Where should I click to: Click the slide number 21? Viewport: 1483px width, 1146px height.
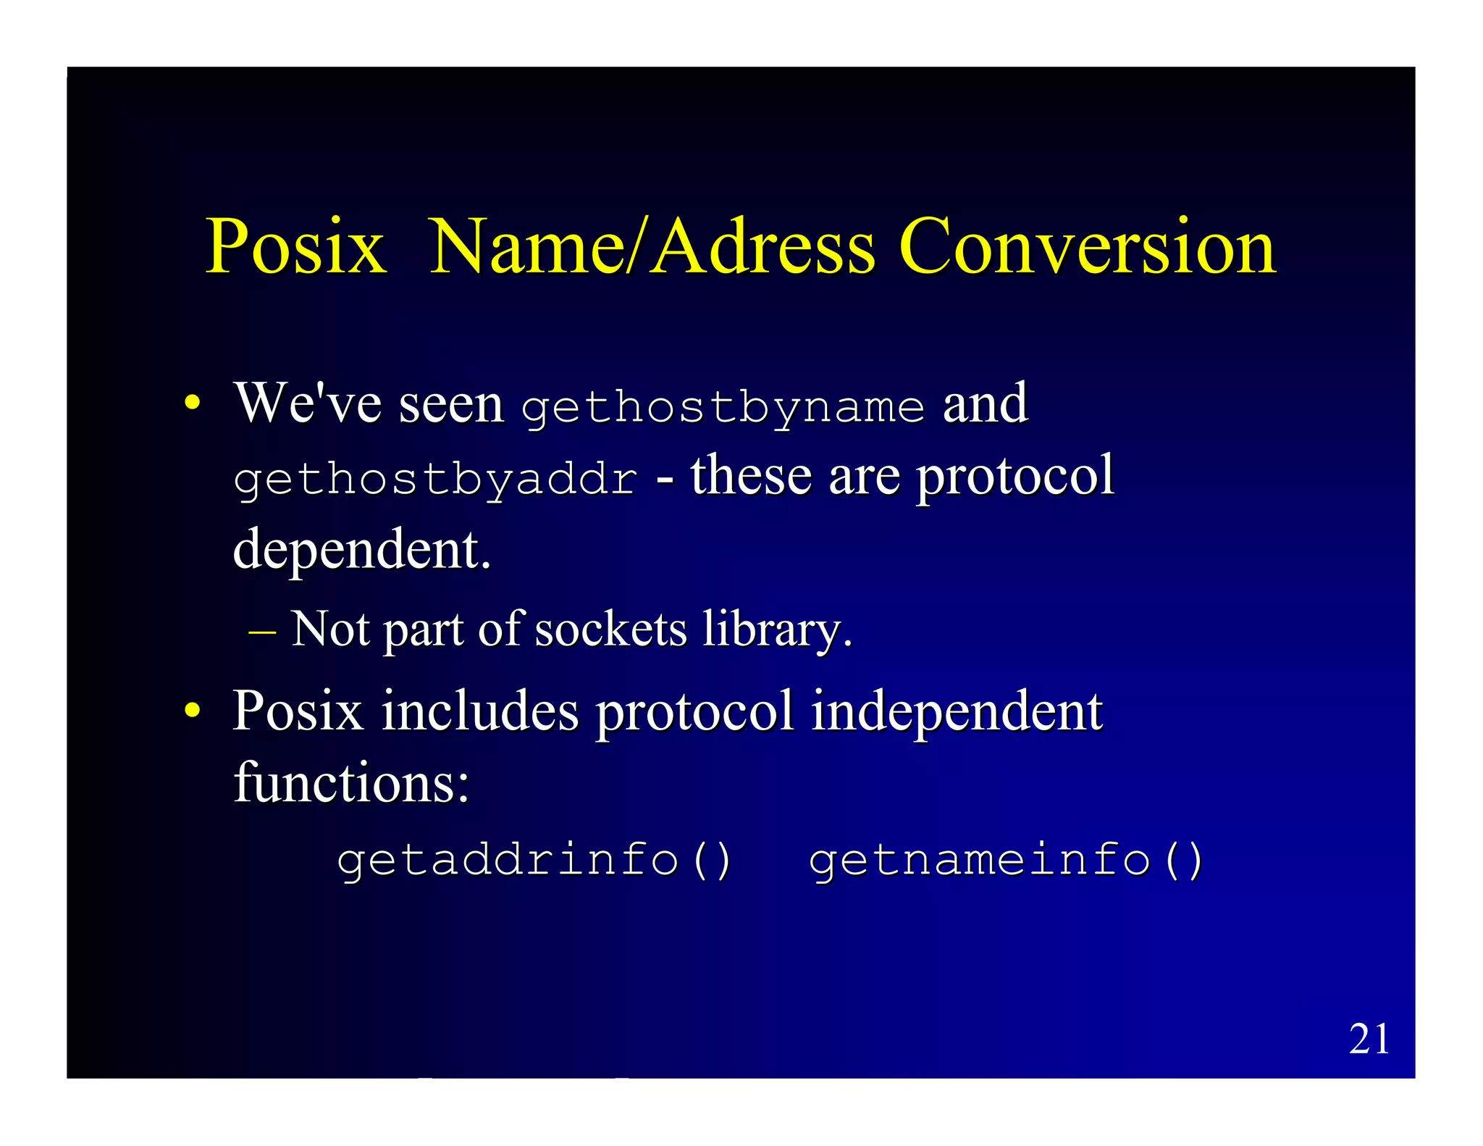[x=1369, y=1039]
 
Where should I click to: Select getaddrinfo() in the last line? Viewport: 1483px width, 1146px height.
[x=535, y=861]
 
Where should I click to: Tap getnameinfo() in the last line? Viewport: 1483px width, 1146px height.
[x=1007, y=861]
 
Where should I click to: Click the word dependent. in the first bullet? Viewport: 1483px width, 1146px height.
[x=362, y=550]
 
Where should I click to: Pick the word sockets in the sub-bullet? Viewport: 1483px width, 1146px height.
[x=610, y=629]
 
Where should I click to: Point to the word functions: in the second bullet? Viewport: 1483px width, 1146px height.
[x=352, y=782]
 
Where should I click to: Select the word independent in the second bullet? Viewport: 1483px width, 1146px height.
[x=957, y=711]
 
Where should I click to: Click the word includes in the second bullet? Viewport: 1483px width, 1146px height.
[x=480, y=711]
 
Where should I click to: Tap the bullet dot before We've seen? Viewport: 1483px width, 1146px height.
[x=191, y=403]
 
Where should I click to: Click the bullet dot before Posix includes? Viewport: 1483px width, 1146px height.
[x=191, y=710]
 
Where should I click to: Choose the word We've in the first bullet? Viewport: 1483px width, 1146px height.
[x=308, y=403]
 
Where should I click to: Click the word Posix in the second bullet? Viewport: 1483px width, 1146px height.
[x=298, y=711]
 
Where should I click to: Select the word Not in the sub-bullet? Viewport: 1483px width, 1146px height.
[x=330, y=629]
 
